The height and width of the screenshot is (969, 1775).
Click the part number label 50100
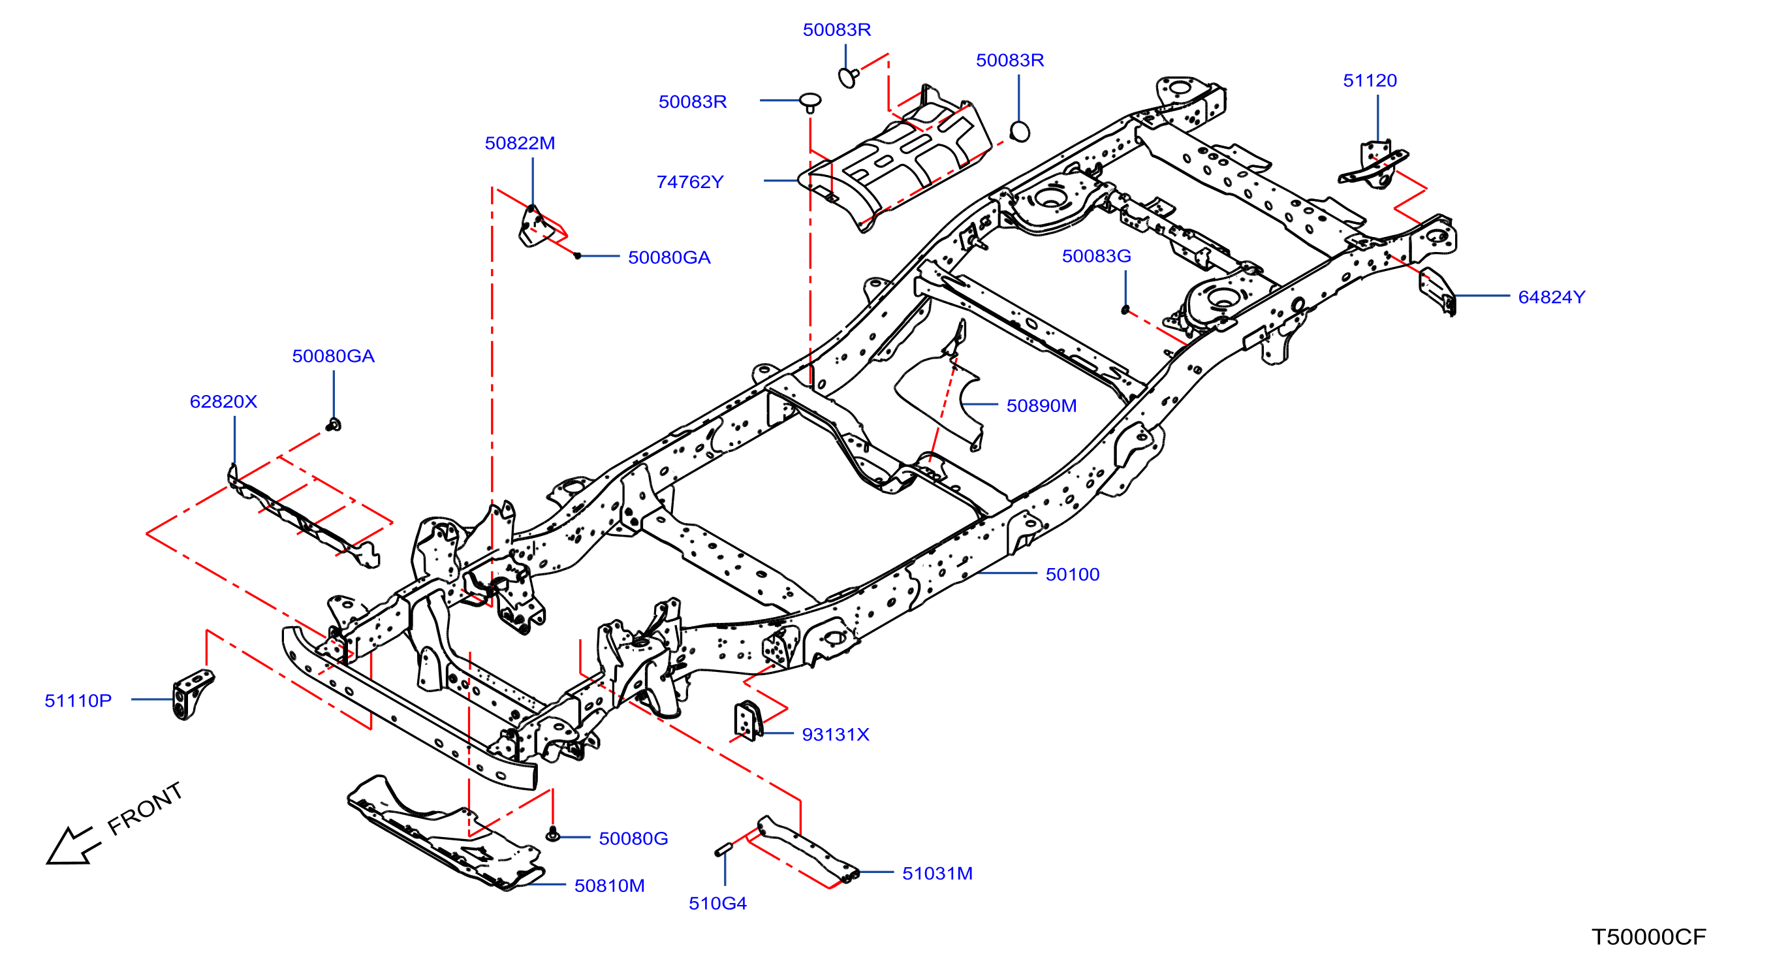point(1072,574)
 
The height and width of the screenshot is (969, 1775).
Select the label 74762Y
point(690,182)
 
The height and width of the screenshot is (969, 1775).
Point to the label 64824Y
point(1551,297)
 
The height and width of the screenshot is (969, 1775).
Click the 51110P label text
point(78,701)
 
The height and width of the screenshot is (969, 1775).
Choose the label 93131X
point(835,735)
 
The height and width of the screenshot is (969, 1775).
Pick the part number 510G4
point(717,904)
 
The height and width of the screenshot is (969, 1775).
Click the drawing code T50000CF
point(1648,937)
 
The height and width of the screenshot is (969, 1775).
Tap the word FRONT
point(146,808)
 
